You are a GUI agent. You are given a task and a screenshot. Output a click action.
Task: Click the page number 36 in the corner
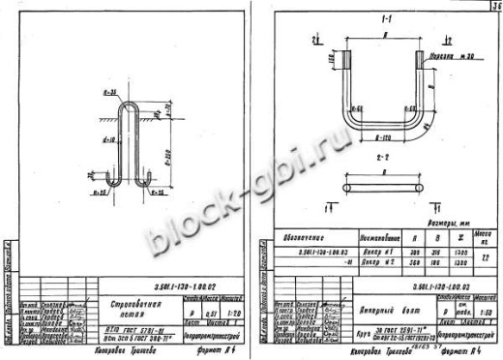491,6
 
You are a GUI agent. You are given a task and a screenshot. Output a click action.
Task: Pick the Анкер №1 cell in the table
349,252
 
